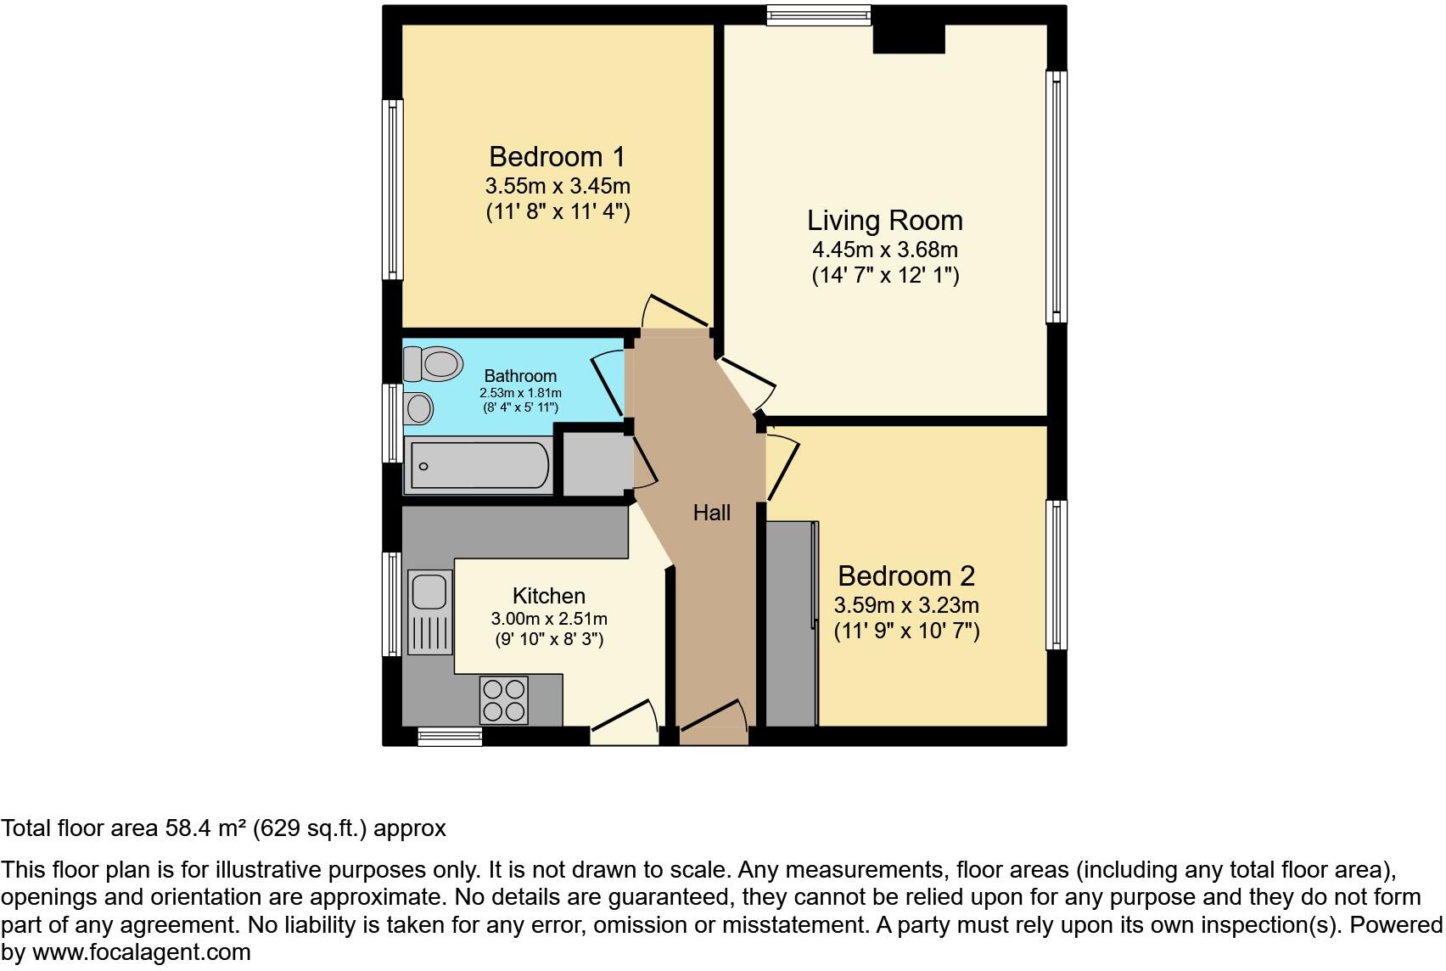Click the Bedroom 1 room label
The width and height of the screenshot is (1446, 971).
pos(557,157)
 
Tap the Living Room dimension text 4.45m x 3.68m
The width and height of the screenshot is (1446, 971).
pos(884,250)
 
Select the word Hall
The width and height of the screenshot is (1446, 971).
pos(711,513)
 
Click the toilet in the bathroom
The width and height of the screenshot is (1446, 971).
pos(434,364)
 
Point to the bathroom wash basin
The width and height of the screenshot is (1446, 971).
pos(418,408)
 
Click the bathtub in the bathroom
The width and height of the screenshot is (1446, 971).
pos(478,465)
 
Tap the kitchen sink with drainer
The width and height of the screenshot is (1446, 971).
pos(430,611)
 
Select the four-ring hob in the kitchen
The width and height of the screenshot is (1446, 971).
pos(504,700)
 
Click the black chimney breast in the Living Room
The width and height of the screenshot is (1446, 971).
pos(909,38)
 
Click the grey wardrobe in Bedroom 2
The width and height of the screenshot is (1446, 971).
pos(791,624)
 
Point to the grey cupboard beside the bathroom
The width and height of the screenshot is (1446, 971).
pos(597,464)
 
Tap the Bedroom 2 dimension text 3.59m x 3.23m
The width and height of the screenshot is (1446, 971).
pos(906,606)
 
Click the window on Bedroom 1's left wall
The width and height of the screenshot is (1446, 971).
pos(392,189)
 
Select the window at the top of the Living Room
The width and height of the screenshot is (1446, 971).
pos(818,15)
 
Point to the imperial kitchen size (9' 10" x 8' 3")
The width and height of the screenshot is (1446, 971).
pos(549,639)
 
